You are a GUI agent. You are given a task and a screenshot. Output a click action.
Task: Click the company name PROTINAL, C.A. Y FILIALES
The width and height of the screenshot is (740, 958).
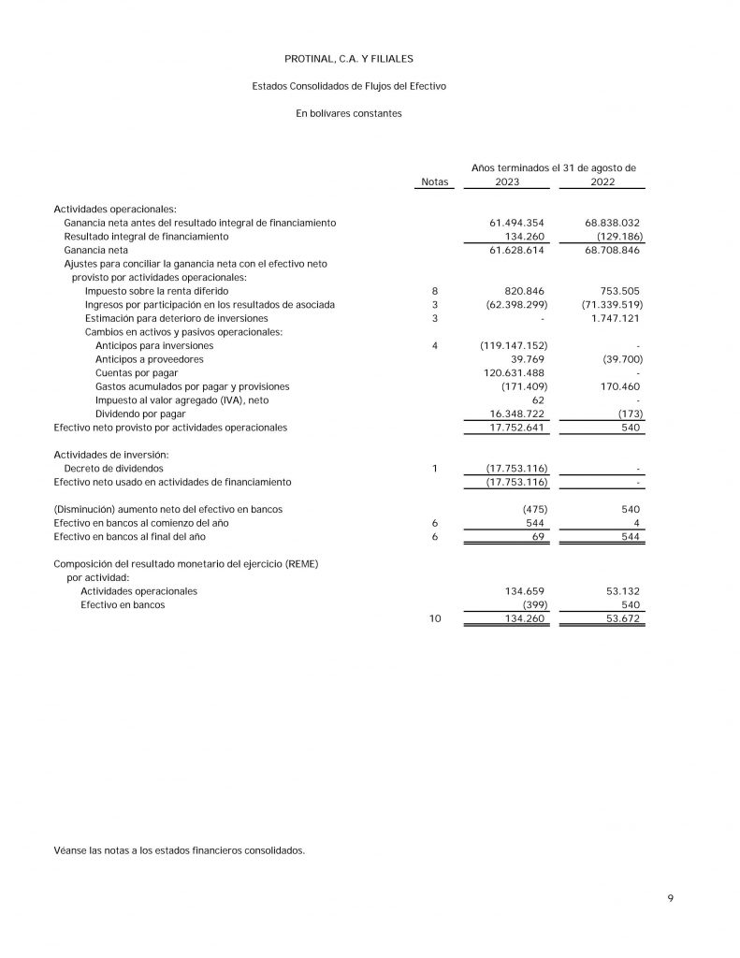coord(348,59)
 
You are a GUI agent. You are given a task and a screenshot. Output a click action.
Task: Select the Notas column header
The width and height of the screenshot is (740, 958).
coord(435,181)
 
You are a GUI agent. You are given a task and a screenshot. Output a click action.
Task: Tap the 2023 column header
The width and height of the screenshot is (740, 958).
coord(507,181)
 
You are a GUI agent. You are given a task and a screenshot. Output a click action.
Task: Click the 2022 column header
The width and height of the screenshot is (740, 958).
coord(602,181)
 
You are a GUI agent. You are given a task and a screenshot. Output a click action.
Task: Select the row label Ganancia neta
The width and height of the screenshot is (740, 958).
coord(95,251)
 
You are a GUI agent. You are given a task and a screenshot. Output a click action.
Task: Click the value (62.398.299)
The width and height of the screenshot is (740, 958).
coord(513,305)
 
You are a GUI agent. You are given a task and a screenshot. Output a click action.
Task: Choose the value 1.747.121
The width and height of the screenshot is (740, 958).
coord(613,318)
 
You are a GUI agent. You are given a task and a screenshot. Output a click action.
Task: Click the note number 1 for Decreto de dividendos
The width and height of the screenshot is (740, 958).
coord(435,468)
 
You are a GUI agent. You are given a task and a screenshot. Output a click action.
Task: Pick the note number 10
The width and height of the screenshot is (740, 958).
coord(435,618)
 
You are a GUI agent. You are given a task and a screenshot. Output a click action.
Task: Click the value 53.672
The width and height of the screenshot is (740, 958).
coord(620,618)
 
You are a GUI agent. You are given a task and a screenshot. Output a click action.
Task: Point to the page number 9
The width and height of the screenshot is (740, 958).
coord(670,898)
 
